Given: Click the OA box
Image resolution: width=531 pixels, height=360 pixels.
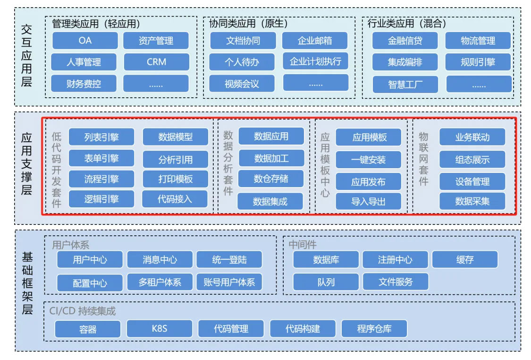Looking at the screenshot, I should [85, 41].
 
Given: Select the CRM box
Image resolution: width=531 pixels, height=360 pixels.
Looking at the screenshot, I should [156, 62].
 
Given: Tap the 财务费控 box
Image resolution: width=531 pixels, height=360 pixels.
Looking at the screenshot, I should [84, 84].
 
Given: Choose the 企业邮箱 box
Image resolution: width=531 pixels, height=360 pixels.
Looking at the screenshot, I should [315, 41].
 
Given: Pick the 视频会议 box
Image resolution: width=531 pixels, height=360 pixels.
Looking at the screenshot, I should [242, 84].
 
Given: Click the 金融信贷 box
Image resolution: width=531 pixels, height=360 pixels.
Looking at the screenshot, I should [405, 41].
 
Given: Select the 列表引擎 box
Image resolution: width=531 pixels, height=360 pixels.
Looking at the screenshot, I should [101, 137].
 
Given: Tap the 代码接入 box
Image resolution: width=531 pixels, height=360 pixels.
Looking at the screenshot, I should [175, 199].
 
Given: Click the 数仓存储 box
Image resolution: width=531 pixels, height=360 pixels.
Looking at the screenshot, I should [271, 179].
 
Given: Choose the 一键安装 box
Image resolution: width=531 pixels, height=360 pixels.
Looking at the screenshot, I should [368, 160].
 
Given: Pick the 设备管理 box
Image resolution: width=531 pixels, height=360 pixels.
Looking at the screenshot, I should [472, 181].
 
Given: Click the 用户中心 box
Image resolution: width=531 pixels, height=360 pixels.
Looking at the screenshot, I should [90, 259].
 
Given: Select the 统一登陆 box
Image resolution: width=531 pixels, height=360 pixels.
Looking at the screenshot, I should [229, 259].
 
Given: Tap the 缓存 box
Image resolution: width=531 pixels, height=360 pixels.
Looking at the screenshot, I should [464, 259].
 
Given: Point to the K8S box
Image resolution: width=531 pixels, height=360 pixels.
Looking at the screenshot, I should [160, 328].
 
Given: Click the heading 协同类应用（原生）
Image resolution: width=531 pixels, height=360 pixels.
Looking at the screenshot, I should [248, 23].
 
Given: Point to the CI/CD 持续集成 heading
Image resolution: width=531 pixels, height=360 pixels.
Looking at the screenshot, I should [83, 311].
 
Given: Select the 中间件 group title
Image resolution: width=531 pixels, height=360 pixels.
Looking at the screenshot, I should [303, 244].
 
